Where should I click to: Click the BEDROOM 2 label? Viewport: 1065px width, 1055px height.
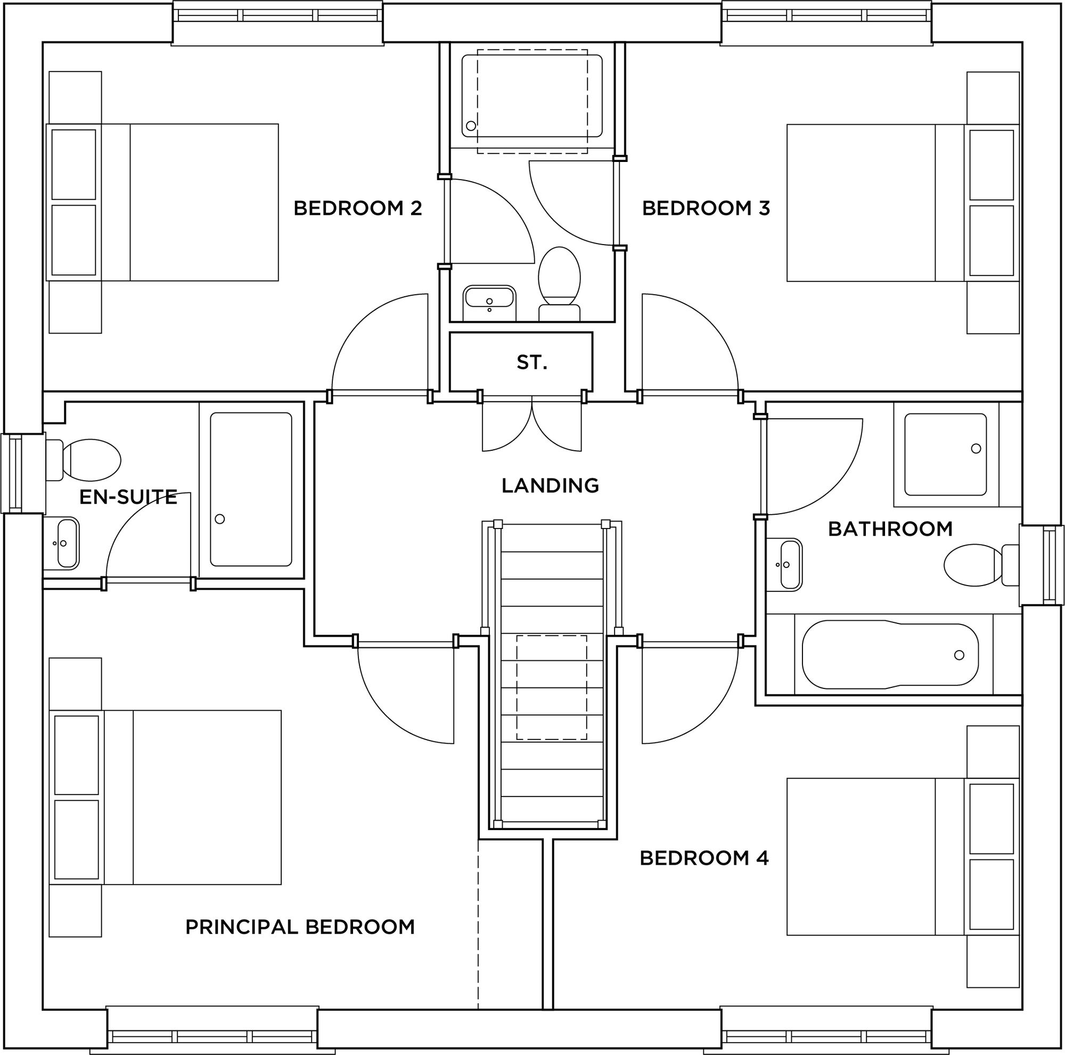pos(357,208)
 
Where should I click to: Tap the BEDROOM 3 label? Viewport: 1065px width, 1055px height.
pos(706,208)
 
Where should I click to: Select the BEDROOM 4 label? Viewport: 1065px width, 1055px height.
pos(704,858)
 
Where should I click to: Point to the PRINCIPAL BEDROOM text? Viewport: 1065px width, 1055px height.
pos(300,927)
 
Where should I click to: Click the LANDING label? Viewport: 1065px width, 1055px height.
pos(550,486)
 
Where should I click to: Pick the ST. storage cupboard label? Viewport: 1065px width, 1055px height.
pos(531,362)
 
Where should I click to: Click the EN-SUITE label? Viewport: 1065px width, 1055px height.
pos(128,498)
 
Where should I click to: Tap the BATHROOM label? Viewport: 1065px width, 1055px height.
pos(890,530)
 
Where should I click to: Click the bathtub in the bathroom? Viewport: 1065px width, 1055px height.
pos(890,655)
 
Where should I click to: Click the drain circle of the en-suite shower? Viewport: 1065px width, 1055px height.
pos(219,519)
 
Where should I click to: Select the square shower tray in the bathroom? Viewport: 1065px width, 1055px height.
pos(945,455)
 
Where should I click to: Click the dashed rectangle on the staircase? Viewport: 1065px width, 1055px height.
pos(551,687)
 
